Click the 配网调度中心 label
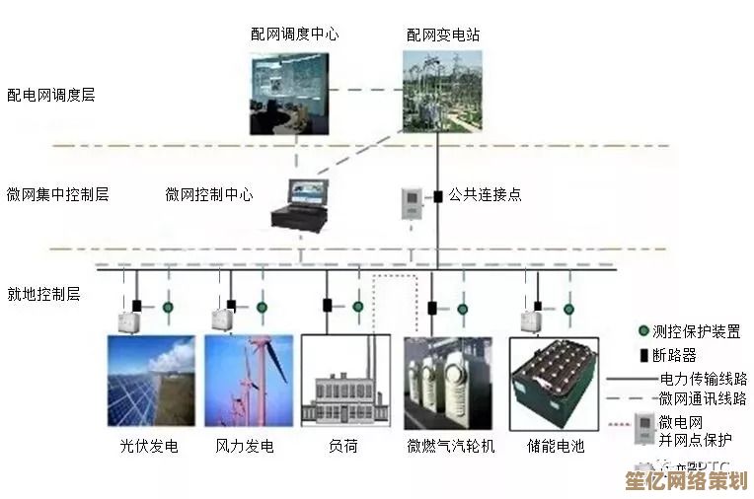coord(294,34)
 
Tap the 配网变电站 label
coord(443,34)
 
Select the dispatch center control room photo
coord(293,92)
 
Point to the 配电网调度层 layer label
coord(51,95)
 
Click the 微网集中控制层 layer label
coord(57,194)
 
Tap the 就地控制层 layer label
coord(43,294)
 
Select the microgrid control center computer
coord(305,202)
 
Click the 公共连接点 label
coord(486,194)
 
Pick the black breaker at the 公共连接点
coord(437,196)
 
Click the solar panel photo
coord(151,381)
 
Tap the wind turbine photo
coord(249,381)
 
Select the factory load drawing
coord(345,381)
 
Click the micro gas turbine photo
coord(448,381)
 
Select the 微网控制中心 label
coord(208,194)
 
